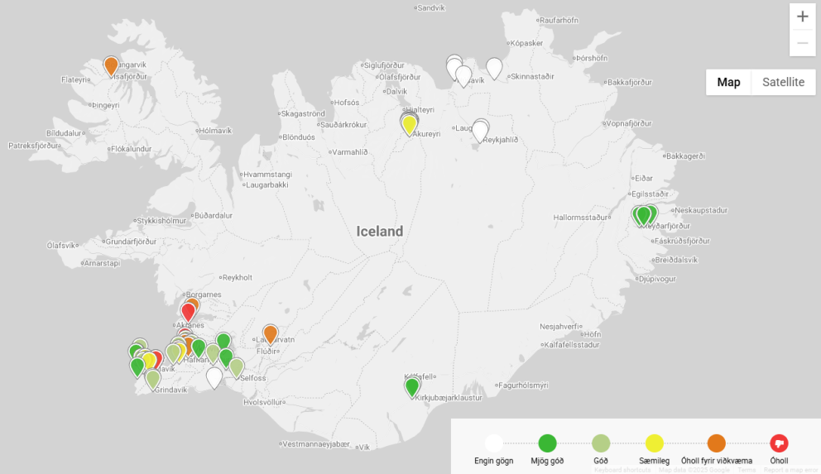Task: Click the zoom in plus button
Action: [802, 17]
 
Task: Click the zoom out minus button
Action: [802, 43]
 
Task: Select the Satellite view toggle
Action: [783, 82]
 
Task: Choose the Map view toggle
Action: [728, 82]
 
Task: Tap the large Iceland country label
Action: [380, 232]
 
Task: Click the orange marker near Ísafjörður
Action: [111, 65]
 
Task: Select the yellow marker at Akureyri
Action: [409, 124]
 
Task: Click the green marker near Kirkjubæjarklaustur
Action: [412, 386]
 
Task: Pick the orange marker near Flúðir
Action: [270, 333]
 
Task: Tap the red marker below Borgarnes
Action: [188, 311]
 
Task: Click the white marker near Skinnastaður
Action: [494, 67]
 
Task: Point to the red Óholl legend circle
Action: [779, 443]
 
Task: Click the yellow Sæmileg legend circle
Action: [654, 443]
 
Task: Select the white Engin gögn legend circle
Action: [494, 443]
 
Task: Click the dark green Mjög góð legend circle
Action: [547, 443]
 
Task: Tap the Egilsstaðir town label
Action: [650, 193]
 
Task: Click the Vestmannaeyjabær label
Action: [314, 443]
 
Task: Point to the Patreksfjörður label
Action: [34, 145]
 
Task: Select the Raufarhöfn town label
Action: [564, 20]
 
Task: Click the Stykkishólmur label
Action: [161, 221]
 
